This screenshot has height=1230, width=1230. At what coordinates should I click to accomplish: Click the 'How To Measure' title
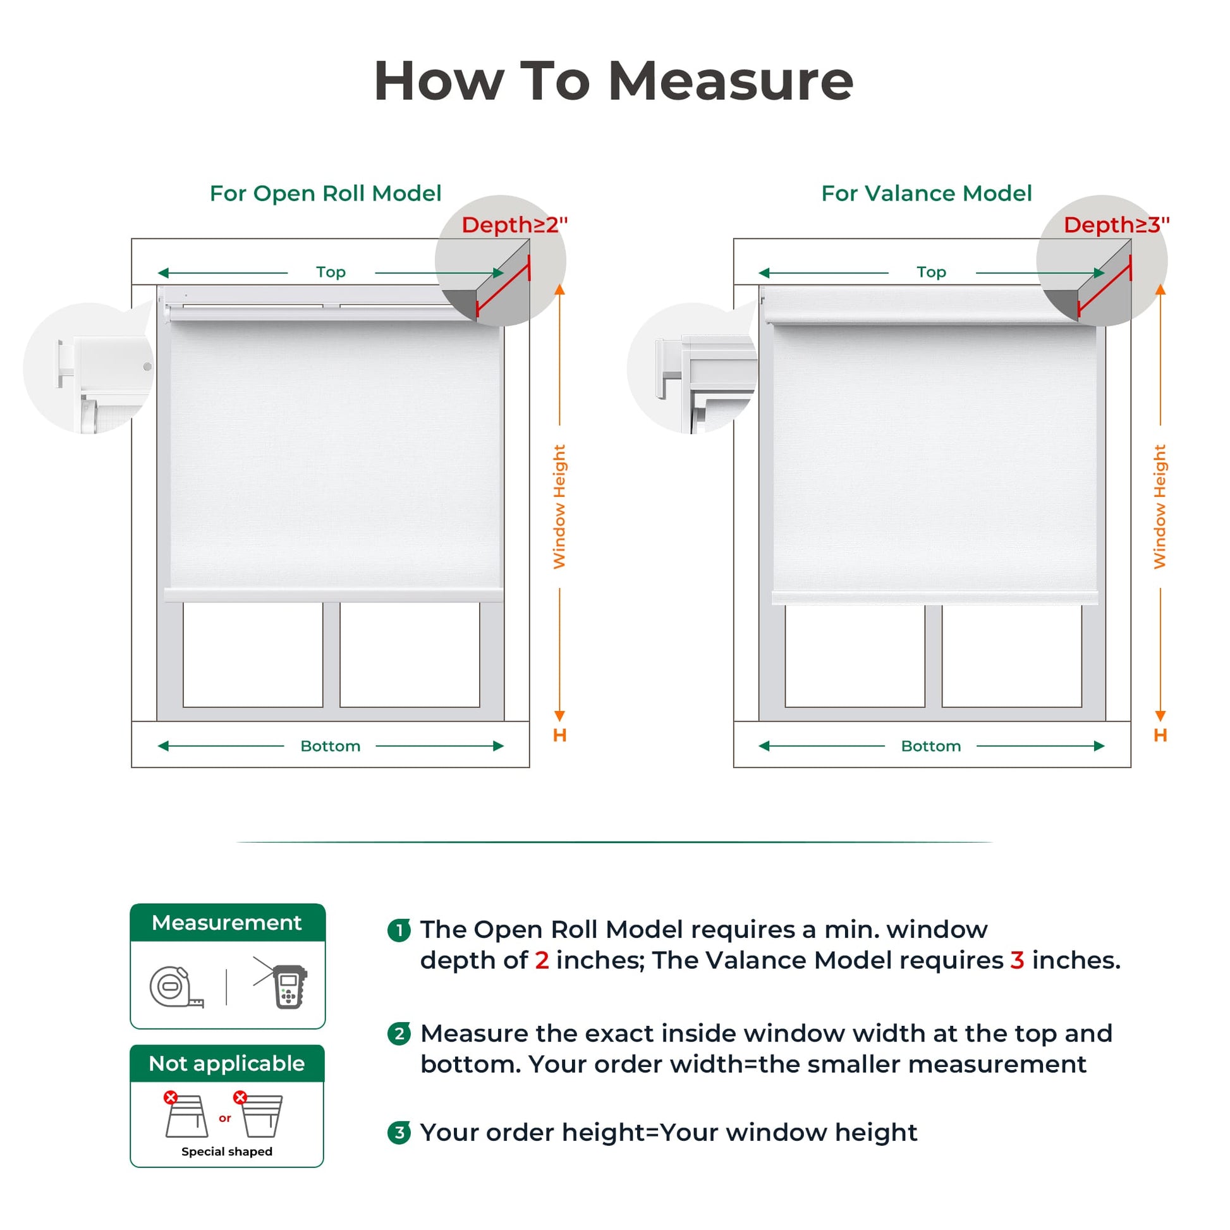pyautogui.click(x=614, y=81)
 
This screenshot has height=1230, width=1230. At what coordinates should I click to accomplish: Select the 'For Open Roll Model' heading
pyautogui.click(x=326, y=193)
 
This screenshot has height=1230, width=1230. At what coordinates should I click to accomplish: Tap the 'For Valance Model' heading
pyautogui.click(x=927, y=193)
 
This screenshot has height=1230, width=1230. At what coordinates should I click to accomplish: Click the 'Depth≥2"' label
pyautogui.click(x=515, y=225)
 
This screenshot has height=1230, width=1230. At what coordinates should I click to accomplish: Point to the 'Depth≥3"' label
pyautogui.click(x=1117, y=225)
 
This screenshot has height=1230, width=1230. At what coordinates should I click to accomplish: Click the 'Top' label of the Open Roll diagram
pyautogui.click(x=331, y=272)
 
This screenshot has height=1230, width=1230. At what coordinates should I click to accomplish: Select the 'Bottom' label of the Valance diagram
pyautogui.click(x=931, y=745)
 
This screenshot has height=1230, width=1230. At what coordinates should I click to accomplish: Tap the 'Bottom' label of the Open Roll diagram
pyautogui.click(x=331, y=745)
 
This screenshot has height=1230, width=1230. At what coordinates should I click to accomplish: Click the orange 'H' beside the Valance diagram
pyautogui.click(x=1160, y=735)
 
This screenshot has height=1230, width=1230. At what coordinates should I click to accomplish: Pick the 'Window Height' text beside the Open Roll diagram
pyautogui.click(x=559, y=507)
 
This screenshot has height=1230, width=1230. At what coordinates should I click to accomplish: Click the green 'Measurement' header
pyautogui.click(x=228, y=923)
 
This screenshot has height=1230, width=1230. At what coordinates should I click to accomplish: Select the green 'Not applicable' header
pyautogui.click(x=227, y=1063)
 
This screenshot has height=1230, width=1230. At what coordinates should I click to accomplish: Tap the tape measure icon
pyautogui.click(x=176, y=987)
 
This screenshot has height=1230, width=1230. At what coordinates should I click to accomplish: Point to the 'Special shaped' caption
pyautogui.click(x=227, y=1151)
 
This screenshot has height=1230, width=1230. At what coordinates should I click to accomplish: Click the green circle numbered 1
pyautogui.click(x=399, y=931)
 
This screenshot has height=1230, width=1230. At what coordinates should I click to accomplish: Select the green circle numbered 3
pyautogui.click(x=399, y=1133)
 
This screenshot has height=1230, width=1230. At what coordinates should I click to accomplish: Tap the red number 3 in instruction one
pyautogui.click(x=1017, y=960)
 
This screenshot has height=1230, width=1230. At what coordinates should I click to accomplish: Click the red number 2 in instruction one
pyautogui.click(x=542, y=960)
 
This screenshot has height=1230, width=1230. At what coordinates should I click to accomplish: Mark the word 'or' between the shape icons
pyautogui.click(x=225, y=1118)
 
